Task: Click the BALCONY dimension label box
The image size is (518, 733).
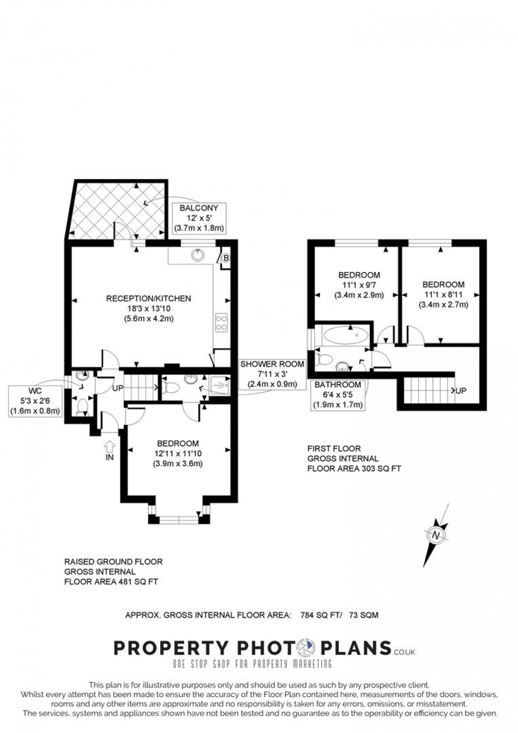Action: (x=199, y=218)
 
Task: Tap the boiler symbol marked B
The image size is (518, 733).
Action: (x=226, y=258)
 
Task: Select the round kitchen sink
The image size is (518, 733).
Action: (x=198, y=255)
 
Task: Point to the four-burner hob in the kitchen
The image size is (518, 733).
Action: (x=221, y=322)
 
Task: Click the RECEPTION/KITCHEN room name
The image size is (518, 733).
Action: (x=149, y=299)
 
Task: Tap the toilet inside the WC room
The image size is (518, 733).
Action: (x=82, y=406)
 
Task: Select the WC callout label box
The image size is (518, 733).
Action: (x=35, y=401)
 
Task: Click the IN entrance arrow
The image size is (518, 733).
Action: (x=109, y=449)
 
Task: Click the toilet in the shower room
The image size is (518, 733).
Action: (x=170, y=387)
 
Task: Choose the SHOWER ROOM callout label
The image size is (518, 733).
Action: (x=272, y=374)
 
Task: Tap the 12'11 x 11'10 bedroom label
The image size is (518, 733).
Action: (x=178, y=453)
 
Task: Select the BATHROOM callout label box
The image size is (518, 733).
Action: (x=338, y=395)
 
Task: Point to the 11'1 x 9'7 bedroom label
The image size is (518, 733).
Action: (x=359, y=285)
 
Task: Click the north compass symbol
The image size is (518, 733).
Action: (x=437, y=535)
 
